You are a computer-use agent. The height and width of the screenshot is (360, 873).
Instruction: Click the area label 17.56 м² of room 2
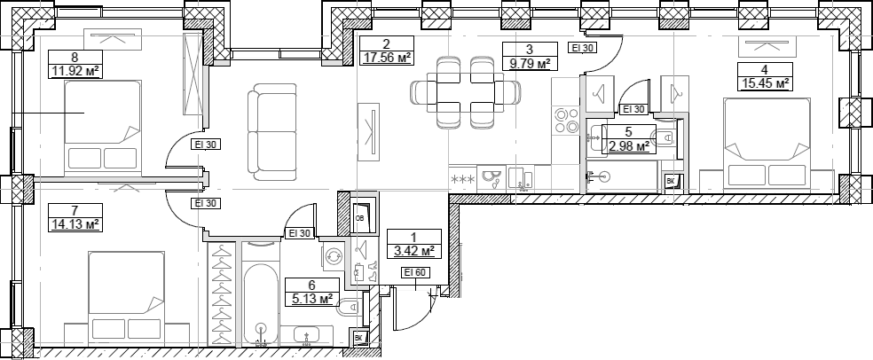pos(387,58)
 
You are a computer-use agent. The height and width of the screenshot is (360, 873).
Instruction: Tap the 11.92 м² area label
pos(75,71)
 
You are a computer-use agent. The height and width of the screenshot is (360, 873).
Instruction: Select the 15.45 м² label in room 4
pos(765,84)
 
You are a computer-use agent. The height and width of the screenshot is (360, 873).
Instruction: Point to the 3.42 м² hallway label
pos(414,252)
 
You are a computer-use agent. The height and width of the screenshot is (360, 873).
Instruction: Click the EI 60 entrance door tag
pos(415,272)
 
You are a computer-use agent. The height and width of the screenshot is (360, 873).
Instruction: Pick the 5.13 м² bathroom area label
pos(311,300)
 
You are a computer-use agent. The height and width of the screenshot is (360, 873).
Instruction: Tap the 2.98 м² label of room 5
pos(629,146)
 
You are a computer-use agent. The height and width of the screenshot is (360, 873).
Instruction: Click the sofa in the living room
pos(272,132)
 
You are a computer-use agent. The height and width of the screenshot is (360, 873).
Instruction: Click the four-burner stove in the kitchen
pos(566,121)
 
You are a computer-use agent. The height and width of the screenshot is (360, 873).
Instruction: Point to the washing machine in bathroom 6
pos(334,256)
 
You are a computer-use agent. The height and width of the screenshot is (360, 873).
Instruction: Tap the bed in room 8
pos(102,125)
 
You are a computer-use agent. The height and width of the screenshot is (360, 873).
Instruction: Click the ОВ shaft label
pos(359,218)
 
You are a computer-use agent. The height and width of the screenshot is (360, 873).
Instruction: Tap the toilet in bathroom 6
pos(349,308)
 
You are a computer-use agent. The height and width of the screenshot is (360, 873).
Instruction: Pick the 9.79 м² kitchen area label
pos(530,64)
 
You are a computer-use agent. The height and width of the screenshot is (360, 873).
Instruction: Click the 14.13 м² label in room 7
pos(75,224)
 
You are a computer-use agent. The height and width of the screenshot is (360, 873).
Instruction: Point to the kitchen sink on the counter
pos(520,178)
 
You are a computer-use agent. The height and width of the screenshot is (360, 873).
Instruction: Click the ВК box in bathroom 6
pos(359,338)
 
